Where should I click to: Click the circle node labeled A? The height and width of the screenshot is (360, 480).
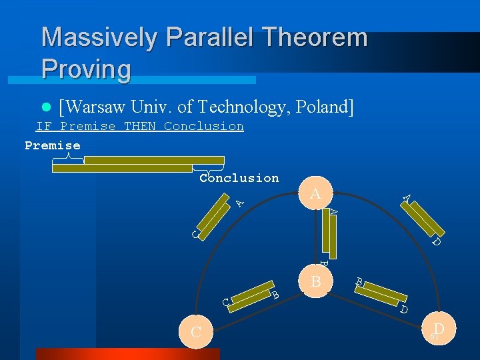pos(315,194)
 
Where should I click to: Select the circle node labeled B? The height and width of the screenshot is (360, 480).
pos(316,281)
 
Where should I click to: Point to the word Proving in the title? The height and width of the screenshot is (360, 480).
pos(86,69)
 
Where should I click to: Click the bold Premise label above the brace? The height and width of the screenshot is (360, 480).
pos(53,145)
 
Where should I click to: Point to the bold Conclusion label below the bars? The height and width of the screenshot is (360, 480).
pos(239,178)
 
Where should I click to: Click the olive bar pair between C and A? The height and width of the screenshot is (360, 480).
pos(213,218)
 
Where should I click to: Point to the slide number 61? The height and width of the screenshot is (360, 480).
pos(433,337)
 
